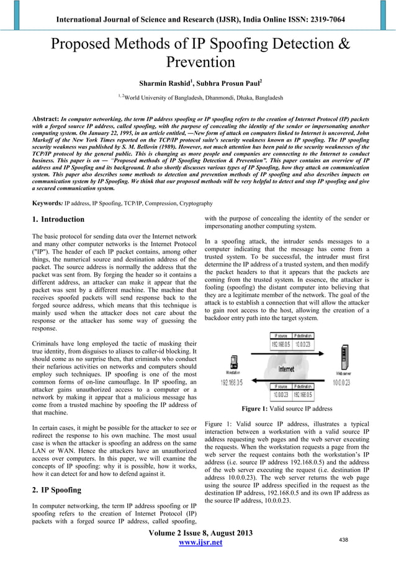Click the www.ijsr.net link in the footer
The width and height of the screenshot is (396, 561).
pos(198,544)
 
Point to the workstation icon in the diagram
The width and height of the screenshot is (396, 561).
pos(234,363)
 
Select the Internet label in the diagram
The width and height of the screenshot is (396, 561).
pos(286,368)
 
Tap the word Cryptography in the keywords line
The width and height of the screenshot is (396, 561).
pos(193,203)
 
